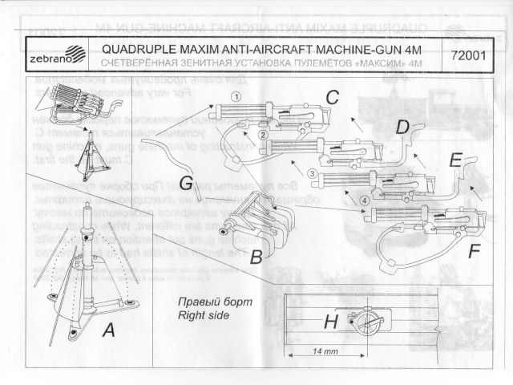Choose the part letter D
404,126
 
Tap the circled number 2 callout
263,136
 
